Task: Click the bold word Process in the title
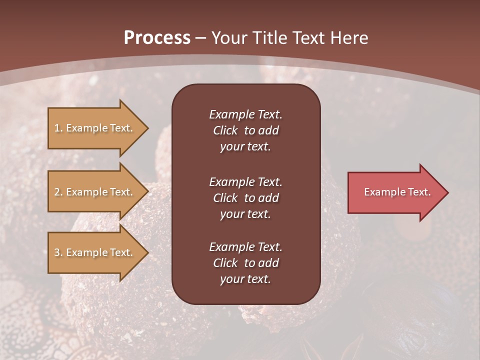[x=157, y=38]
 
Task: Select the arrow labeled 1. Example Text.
[x=95, y=128]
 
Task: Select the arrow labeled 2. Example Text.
[x=95, y=192]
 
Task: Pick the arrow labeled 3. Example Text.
[x=95, y=252]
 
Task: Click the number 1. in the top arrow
[x=58, y=128]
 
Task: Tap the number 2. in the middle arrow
[x=58, y=192]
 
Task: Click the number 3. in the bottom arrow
[x=58, y=252]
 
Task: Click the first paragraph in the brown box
[x=245, y=130]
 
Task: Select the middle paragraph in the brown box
[x=245, y=197]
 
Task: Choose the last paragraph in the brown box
[x=245, y=262]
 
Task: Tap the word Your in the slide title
[x=228, y=38]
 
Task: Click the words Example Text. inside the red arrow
[x=397, y=192]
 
